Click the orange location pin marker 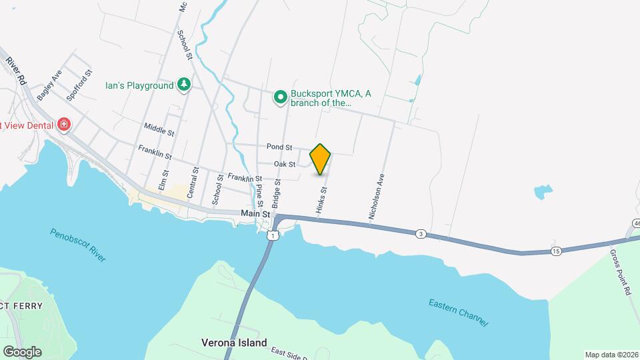[x=321, y=159]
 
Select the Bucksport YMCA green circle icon [x=281, y=97]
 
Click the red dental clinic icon [x=64, y=125]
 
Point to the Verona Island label [x=234, y=343]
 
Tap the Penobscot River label [x=78, y=245]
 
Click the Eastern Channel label [x=459, y=313]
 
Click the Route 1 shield [x=271, y=235]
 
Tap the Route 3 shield [x=420, y=233]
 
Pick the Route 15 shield [x=556, y=251]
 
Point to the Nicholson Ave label [x=377, y=197]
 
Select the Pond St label [x=279, y=147]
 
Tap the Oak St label [x=285, y=164]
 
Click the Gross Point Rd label [x=620, y=271]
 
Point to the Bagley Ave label [x=49, y=85]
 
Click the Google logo [x=21, y=351]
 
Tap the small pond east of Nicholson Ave [x=543, y=192]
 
